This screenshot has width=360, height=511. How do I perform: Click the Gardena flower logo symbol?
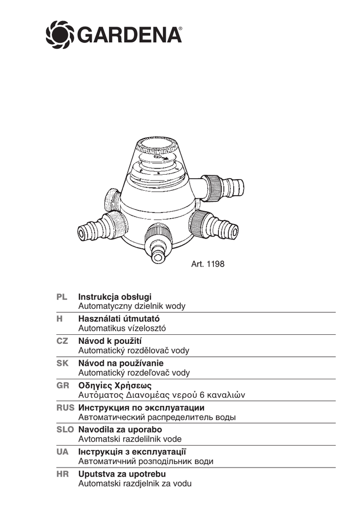59,34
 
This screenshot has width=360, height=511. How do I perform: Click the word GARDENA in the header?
128,35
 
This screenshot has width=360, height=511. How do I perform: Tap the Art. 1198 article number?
208,264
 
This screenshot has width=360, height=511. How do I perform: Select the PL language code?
61,297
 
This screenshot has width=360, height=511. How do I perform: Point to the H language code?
59,319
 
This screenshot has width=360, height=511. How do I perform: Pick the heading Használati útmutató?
119,319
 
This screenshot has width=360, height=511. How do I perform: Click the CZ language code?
62,341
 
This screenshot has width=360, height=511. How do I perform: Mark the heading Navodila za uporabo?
120,429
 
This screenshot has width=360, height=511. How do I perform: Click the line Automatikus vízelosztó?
122,328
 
